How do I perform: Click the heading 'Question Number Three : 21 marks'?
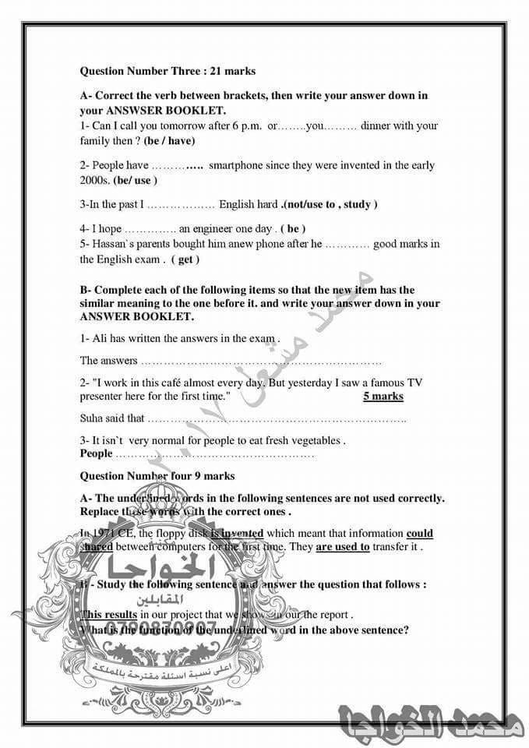pos(168,71)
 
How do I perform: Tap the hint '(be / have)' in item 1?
pos(169,141)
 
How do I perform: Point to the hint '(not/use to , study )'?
pos(330,204)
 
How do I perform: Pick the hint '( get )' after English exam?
pos(185,259)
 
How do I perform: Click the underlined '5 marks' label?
pos(383,397)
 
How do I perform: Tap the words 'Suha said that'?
pos(112,418)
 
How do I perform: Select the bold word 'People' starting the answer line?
pos(97,453)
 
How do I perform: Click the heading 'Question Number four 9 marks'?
pos(157,476)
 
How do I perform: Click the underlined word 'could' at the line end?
pos(419,534)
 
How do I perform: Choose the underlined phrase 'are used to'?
pos(342,547)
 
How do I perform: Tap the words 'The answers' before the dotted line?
pos(109,361)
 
